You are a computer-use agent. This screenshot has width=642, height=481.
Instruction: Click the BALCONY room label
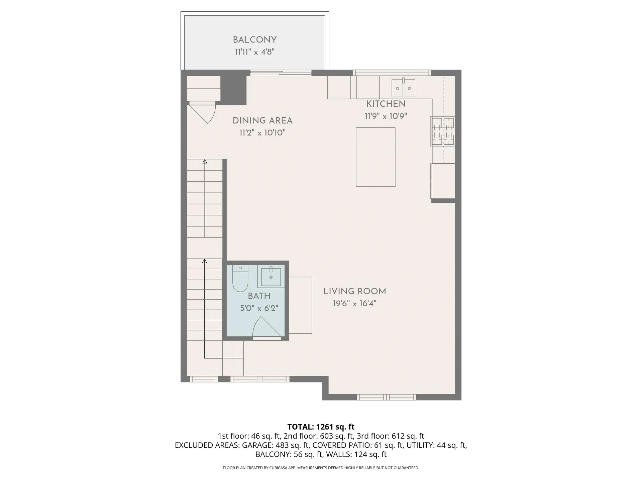point(254,40)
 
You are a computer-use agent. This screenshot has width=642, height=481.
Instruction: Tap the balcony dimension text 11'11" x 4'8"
point(254,52)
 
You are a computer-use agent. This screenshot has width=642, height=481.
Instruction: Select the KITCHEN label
point(386,104)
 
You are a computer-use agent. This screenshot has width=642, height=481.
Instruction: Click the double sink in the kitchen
point(403,88)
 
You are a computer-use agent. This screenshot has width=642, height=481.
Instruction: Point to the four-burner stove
point(443,131)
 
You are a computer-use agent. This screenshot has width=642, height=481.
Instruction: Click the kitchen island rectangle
point(376,157)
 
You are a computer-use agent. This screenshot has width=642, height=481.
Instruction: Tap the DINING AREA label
point(262,121)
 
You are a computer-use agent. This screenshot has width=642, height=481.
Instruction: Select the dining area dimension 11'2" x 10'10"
point(262,133)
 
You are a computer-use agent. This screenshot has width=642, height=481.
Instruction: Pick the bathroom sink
point(271,277)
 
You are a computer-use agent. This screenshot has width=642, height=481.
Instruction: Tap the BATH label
point(259,296)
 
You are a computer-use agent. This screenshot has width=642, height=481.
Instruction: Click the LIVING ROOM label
point(354,291)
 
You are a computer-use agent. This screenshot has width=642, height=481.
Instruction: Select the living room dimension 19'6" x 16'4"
point(354,304)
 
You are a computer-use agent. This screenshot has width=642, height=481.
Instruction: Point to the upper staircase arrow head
point(205,162)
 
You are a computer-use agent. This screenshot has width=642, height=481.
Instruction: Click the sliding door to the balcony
point(281,72)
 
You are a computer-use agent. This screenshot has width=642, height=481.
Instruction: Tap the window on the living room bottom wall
point(386,397)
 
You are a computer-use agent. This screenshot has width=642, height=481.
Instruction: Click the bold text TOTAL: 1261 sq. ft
point(321,427)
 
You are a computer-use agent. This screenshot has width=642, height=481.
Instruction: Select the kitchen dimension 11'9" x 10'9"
point(386,116)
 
